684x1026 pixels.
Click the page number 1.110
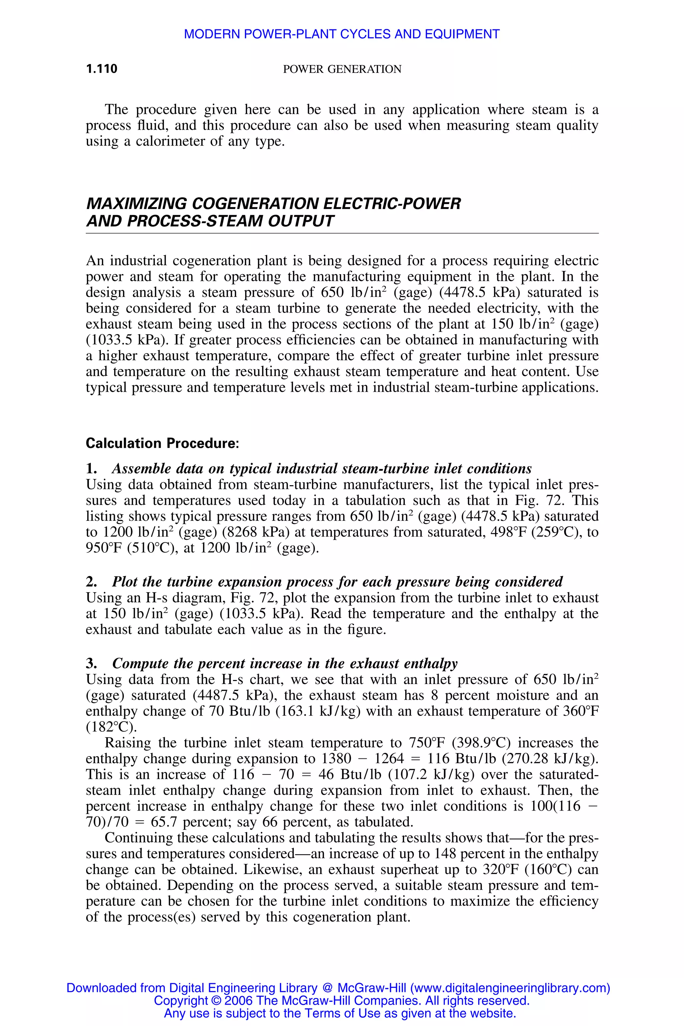(102, 69)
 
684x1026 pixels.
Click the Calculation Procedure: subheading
(162, 443)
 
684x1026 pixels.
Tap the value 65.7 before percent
(164, 822)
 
